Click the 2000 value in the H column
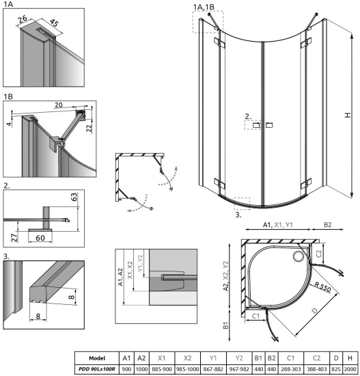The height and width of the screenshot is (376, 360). click(348, 368)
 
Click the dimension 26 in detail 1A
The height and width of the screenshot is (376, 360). click(23, 18)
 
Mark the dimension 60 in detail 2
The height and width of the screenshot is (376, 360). click(40, 238)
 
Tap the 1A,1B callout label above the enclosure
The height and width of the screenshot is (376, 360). click(204, 7)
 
